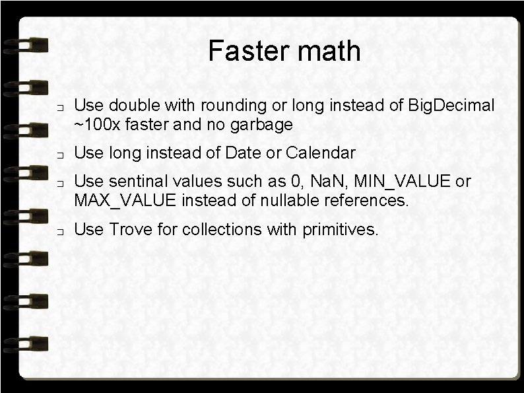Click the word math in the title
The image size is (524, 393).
[329, 51]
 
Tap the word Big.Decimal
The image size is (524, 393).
[451, 105]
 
